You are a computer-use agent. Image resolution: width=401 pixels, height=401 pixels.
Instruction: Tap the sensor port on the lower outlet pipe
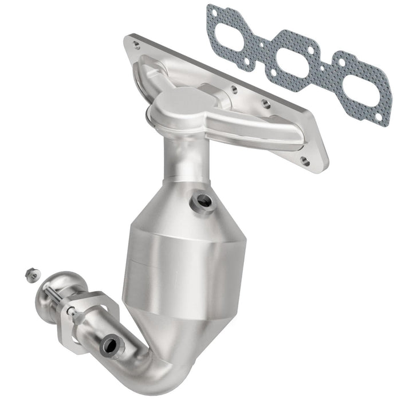click(x=109, y=345)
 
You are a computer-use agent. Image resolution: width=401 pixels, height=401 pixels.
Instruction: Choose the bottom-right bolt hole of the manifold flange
click(x=306, y=162)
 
